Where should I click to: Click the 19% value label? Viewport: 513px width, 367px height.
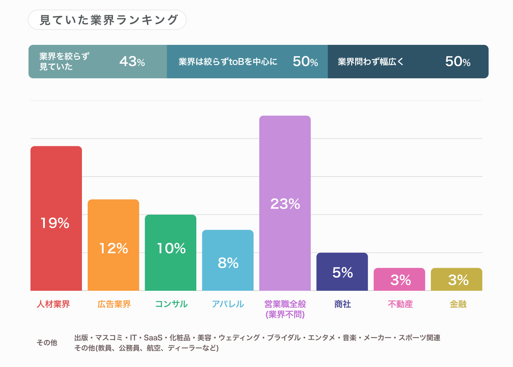(55, 223)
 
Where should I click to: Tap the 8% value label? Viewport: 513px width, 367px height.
(228, 263)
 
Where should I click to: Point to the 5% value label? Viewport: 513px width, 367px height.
(342, 273)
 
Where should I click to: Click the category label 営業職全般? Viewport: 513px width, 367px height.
(285, 304)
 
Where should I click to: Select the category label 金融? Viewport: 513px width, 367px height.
(458, 304)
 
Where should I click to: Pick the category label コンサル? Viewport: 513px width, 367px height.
(171, 304)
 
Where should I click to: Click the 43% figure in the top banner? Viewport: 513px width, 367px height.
(132, 62)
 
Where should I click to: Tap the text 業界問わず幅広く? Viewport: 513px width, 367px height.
(370, 62)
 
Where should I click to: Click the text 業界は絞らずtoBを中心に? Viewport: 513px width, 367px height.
(228, 62)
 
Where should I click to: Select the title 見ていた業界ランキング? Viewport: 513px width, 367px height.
(108, 20)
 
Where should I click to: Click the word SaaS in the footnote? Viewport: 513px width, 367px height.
(153, 337)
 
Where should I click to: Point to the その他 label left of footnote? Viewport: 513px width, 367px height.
(47, 342)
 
